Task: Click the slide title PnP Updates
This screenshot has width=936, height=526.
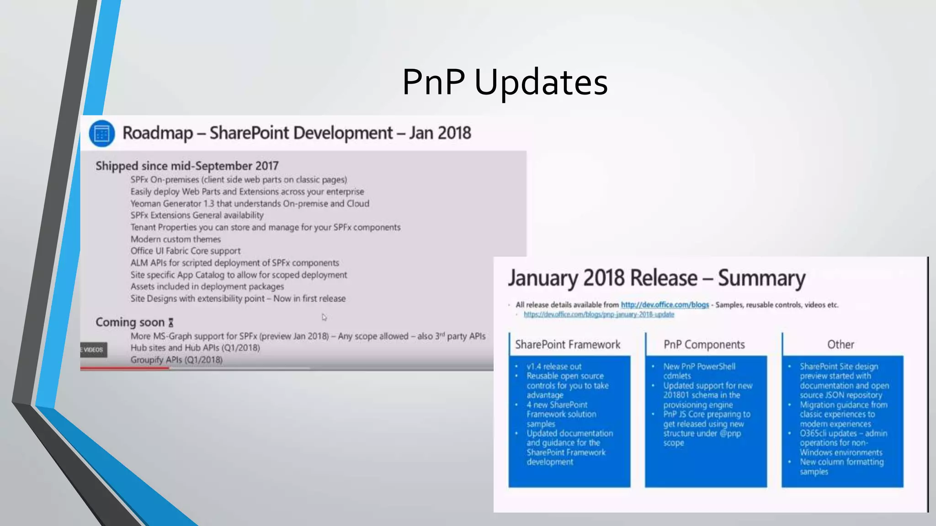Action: (505, 82)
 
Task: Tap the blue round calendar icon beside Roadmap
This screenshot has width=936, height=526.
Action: (101, 134)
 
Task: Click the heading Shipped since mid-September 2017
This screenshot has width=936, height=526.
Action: (187, 166)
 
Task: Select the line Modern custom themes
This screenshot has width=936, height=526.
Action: (175, 239)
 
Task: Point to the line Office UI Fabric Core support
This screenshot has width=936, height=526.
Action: (185, 251)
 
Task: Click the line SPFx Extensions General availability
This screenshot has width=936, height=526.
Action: (197, 215)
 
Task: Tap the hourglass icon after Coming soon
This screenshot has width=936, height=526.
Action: (171, 322)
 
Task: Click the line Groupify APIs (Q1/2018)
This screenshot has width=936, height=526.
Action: (176, 360)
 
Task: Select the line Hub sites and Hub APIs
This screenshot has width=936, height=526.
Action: (195, 348)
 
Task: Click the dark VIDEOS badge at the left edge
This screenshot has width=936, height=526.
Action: (93, 350)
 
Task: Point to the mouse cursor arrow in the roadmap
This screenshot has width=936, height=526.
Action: (324, 317)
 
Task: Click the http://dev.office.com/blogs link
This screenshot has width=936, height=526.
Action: (665, 305)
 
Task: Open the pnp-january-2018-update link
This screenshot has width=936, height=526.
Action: (599, 315)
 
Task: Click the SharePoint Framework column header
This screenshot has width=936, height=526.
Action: (568, 345)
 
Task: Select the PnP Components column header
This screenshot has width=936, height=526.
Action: (704, 345)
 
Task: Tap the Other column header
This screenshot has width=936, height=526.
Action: (840, 345)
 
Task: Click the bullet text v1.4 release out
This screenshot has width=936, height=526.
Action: (554, 367)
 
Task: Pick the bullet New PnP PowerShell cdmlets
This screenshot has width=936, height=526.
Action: (699, 371)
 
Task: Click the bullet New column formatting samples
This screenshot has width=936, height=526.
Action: (841, 467)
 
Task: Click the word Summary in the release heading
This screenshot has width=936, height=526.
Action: (761, 278)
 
